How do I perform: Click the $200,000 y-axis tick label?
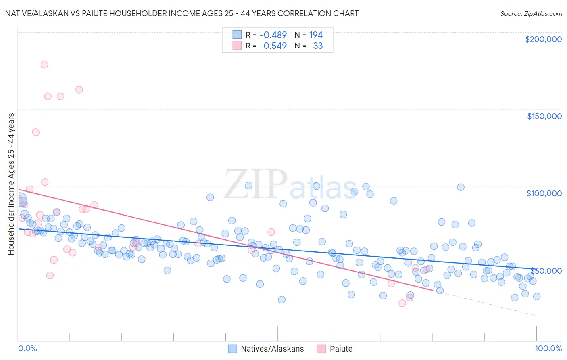click(x=543, y=39)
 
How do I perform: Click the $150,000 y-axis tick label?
click(x=544, y=116)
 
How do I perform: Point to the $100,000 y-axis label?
click(x=544, y=193)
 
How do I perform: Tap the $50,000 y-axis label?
click(x=546, y=270)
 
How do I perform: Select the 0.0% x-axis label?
click(x=27, y=348)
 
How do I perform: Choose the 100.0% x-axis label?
click(x=548, y=348)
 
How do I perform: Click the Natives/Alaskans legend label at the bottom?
click(x=272, y=349)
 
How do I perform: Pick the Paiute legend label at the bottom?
click(x=341, y=349)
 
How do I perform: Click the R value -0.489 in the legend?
click(x=273, y=35)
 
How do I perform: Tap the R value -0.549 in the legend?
click(x=273, y=46)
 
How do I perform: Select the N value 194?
click(x=316, y=35)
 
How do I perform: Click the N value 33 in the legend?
click(x=318, y=46)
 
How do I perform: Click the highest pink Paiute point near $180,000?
click(x=44, y=65)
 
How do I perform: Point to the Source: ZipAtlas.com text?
click(x=531, y=14)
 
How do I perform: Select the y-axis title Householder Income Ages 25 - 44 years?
click(x=11, y=184)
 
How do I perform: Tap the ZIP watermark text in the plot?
click(x=256, y=185)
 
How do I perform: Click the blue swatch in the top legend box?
click(x=237, y=35)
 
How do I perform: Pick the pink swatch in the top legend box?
click(x=237, y=46)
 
